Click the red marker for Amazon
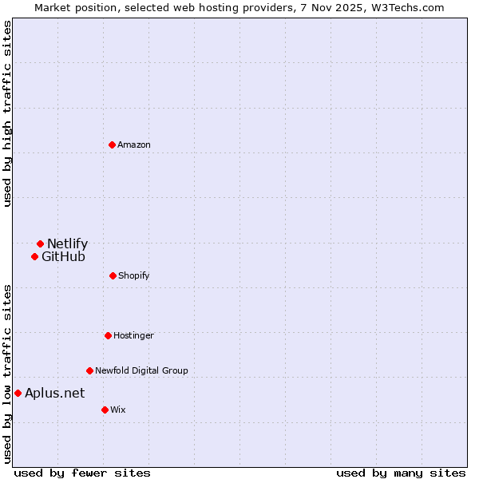[x=112, y=144]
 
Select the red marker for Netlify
[x=40, y=243]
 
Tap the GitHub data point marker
[x=34, y=256]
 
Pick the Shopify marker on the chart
[x=113, y=275]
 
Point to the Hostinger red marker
[x=108, y=335]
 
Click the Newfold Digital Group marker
[x=89, y=370]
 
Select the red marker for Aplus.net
[x=18, y=393]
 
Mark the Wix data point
[x=105, y=410]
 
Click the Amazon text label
[x=134, y=144]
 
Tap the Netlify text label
[x=67, y=243]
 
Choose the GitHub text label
[x=63, y=256]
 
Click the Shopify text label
[x=134, y=275]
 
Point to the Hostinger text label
[x=133, y=335]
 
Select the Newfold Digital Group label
[x=141, y=370]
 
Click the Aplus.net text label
[x=54, y=393]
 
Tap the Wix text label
[x=118, y=410]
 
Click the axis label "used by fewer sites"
[x=82, y=473]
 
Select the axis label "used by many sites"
[x=401, y=473]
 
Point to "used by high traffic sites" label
[x=7, y=114]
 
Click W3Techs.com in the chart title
[x=406, y=7]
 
